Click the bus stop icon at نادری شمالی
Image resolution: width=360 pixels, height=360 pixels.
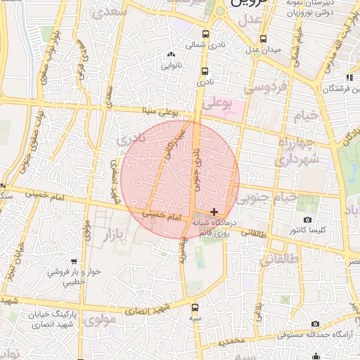(205, 34)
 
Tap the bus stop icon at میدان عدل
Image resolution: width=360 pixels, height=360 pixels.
(263, 39)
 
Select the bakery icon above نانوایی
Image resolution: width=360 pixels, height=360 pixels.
(170, 55)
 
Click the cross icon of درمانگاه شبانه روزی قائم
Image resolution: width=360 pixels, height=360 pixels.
(214, 212)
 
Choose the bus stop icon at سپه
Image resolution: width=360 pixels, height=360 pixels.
(195, 307)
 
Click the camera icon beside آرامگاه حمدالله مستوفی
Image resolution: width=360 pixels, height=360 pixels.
(315, 323)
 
